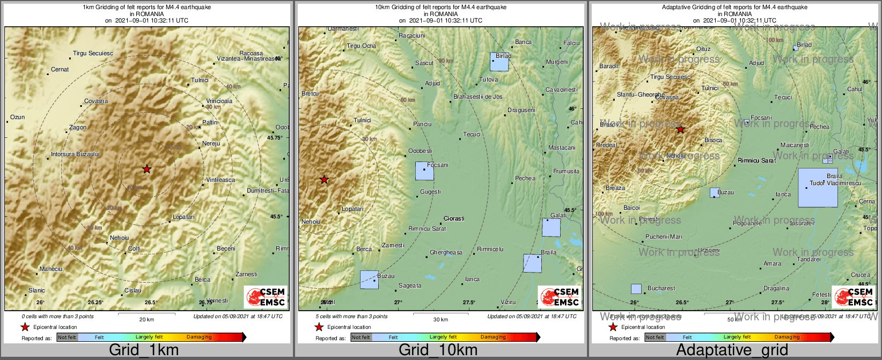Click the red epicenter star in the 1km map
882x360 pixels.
(x=147, y=169)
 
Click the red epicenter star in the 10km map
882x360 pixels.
(x=324, y=179)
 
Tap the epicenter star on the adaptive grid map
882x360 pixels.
(x=680, y=129)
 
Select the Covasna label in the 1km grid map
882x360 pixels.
(x=96, y=101)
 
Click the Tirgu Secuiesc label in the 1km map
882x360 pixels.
(x=93, y=53)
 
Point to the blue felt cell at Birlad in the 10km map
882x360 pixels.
(x=499, y=62)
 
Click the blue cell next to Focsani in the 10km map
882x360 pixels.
(x=424, y=171)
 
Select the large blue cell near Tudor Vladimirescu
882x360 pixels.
(x=818, y=188)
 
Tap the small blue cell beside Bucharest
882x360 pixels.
(x=636, y=289)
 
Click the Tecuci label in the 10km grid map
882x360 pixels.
(x=472, y=134)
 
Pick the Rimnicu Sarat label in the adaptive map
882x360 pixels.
(x=756, y=160)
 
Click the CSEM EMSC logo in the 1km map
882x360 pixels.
(x=266, y=297)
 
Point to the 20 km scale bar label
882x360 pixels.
(x=146, y=319)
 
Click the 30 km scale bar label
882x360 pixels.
(x=440, y=319)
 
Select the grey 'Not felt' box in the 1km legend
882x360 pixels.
(x=67, y=337)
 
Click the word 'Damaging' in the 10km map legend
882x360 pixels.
(x=493, y=337)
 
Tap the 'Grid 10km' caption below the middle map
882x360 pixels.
(x=438, y=350)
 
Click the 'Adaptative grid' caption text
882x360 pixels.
(x=732, y=350)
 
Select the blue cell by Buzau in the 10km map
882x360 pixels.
(x=369, y=280)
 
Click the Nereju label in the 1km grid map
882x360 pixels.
(x=211, y=143)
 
